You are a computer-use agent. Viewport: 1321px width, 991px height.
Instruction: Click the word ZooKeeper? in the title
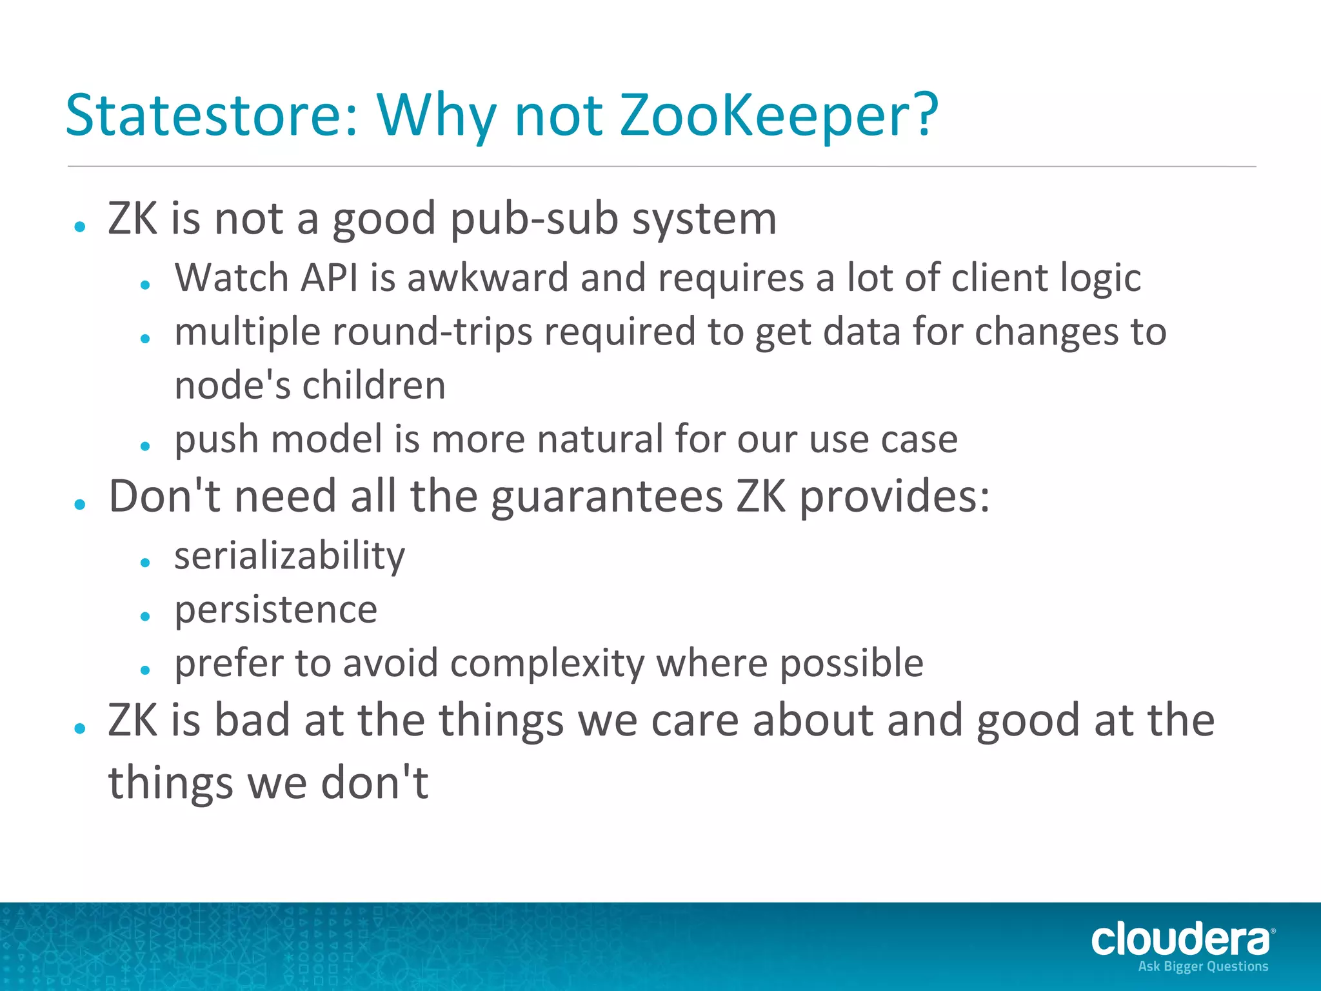779,116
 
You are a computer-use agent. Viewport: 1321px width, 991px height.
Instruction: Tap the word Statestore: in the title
212,116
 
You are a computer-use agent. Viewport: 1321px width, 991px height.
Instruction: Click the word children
374,386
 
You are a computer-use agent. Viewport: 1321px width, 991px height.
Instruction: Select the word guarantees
607,497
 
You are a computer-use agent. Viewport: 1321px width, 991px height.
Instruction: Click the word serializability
290,556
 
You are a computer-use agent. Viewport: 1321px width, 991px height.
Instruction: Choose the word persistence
276,610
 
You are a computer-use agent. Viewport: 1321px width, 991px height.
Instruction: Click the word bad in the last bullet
252,721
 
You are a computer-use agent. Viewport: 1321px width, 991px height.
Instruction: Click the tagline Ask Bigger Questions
1203,966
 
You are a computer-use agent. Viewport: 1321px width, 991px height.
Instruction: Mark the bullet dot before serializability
145,563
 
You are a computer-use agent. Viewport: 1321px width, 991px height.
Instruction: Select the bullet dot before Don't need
80,505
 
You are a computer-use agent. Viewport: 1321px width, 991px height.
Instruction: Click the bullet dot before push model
145,446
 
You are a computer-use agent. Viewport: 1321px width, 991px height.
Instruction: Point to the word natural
599,439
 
